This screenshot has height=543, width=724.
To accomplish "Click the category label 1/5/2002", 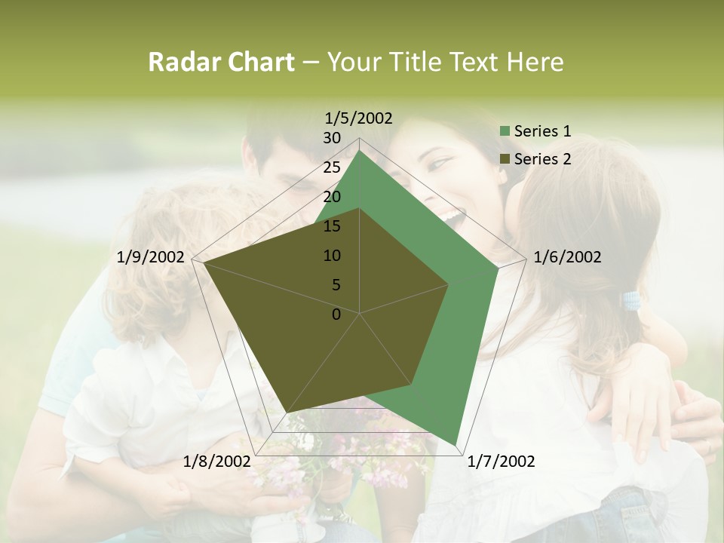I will click(x=359, y=118).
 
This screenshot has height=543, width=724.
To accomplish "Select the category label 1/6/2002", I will click(x=567, y=257).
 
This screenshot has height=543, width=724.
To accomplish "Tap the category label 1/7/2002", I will click(x=502, y=462).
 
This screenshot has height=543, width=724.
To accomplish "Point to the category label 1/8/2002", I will click(x=217, y=462).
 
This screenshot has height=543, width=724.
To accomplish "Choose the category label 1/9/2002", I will click(x=151, y=257).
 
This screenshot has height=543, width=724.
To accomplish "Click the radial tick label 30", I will click(x=332, y=138).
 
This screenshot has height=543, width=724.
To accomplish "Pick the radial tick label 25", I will click(x=332, y=167).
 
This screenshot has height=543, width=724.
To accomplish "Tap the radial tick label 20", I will click(x=332, y=197).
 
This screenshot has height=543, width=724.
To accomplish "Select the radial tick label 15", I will click(x=332, y=226).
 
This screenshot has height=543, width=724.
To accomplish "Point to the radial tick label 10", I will click(x=332, y=256).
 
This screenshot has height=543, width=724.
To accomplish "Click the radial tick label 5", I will click(x=336, y=285).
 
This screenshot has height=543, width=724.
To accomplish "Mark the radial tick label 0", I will click(x=336, y=314).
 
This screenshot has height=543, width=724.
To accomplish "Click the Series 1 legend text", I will click(x=542, y=131).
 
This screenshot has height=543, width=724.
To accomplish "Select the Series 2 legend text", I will click(x=542, y=159).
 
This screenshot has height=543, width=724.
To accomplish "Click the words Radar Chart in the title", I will click(x=221, y=63).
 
